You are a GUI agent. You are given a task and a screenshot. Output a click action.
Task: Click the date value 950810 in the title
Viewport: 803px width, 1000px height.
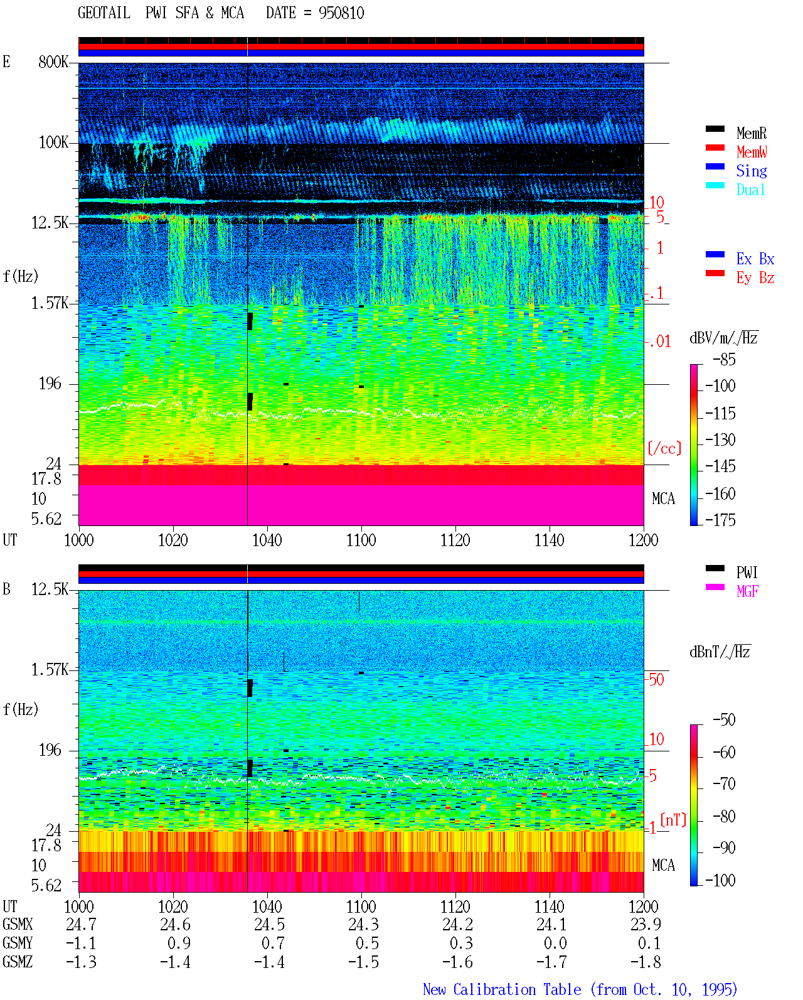click(341, 13)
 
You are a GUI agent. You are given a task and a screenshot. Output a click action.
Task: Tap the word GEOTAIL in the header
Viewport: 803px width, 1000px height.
click(104, 13)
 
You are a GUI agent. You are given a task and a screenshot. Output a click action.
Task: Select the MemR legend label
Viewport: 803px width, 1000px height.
click(752, 133)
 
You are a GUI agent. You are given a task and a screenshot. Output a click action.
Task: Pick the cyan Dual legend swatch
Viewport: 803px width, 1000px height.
click(715, 185)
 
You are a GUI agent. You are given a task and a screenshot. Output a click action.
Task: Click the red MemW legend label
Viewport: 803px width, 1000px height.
click(752, 151)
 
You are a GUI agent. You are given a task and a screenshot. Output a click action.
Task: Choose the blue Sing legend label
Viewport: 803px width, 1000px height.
click(751, 171)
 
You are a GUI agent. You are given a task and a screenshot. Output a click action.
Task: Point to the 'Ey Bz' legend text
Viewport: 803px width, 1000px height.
click(755, 277)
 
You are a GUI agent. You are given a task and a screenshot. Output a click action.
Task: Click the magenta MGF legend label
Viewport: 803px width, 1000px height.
click(747, 591)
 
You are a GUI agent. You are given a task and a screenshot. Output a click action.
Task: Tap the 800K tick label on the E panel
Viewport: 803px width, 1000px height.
click(53, 62)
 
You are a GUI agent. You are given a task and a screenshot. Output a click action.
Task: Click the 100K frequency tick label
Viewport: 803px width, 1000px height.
click(53, 142)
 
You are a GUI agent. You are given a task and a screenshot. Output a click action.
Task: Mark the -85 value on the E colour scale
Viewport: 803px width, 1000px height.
click(724, 359)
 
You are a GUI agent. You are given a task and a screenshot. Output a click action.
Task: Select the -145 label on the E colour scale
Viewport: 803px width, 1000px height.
click(720, 466)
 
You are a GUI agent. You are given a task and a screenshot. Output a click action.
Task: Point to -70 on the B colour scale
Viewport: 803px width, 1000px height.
click(724, 784)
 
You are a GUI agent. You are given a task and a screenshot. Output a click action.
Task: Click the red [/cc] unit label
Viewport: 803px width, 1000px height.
click(664, 448)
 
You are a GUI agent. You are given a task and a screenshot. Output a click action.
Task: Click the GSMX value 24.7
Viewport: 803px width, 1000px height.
click(81, 925)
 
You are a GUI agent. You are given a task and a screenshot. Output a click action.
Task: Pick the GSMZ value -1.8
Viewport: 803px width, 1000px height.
click(646, 962)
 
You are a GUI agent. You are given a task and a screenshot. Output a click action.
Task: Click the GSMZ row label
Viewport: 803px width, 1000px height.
click(18, 962)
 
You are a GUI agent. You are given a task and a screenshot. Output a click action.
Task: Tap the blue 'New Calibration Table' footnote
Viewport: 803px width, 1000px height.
click(502, 989)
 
